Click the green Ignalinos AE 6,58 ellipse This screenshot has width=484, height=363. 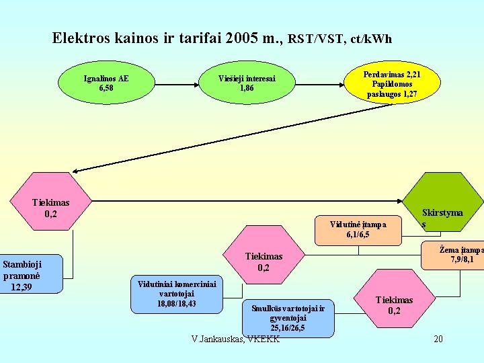(106, 82)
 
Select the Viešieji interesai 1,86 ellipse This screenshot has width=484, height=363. (247, 82)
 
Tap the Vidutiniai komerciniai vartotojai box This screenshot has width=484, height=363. (177, 294)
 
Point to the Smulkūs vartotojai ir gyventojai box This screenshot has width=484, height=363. (288, 318)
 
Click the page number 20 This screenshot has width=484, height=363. (438, 339)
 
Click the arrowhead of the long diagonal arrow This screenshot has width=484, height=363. (77, 171)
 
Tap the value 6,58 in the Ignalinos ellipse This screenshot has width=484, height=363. (106, 87)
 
